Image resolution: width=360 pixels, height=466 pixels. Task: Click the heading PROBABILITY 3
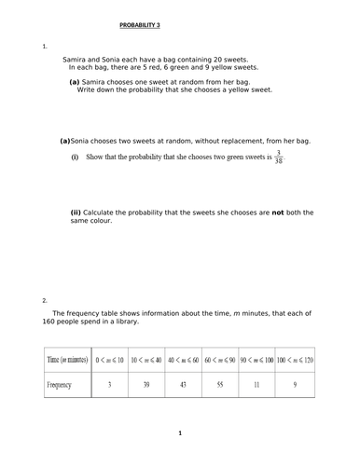[x=144, y=26]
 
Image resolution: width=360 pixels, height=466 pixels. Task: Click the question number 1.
[x=44, y=46]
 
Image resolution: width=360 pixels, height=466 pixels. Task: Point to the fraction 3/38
[x=278, y=156]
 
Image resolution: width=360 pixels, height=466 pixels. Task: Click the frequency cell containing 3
[x=110, y=383]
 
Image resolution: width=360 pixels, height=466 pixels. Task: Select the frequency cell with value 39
[x=146, y=383]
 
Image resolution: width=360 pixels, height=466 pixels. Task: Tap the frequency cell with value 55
[x=220, y=383]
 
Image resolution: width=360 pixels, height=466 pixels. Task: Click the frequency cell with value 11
[x=257, y=383]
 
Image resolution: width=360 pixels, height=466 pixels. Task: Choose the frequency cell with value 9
[x=294, y=383]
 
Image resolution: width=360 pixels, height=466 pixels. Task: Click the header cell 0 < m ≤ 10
[x=110, y=359]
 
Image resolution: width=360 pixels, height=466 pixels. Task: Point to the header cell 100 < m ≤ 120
[x=294, y=359]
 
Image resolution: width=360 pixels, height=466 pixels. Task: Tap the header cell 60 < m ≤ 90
[x=220, y=359]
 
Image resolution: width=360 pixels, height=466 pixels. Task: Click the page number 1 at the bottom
[x=180, y=433]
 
